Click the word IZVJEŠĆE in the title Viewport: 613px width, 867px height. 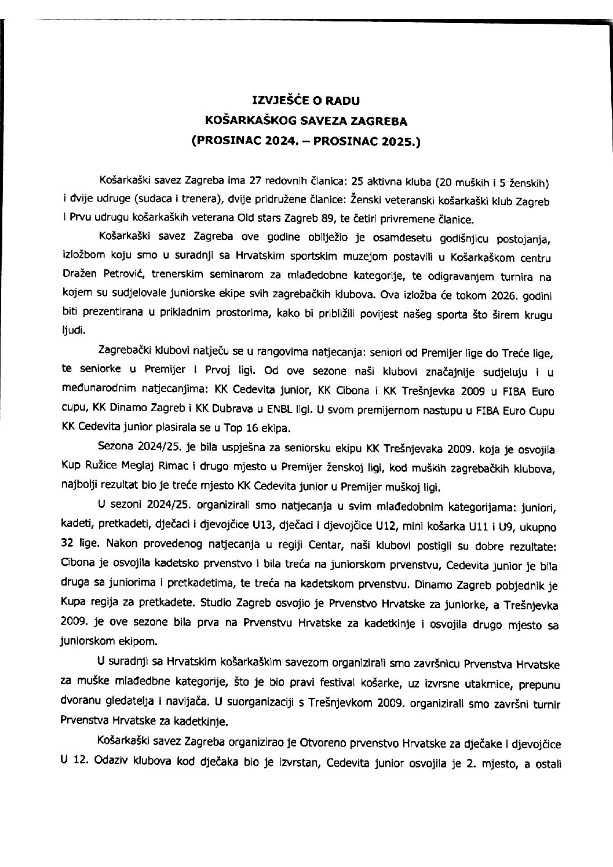[x=276, y=100]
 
